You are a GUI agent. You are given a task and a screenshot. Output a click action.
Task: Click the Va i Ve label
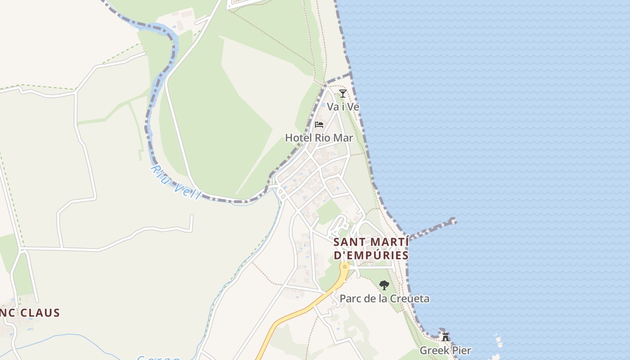343,107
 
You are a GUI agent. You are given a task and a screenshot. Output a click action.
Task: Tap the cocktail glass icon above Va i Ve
343,94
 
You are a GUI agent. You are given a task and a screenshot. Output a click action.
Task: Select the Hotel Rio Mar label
319,138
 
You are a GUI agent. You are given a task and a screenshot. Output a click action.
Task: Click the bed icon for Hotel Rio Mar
319,125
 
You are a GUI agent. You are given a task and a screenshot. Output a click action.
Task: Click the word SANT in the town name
348,242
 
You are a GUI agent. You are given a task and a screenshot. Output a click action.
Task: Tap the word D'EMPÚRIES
371,255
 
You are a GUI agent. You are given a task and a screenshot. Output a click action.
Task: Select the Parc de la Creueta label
384,298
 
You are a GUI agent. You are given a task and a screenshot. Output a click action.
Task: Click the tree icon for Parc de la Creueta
384,285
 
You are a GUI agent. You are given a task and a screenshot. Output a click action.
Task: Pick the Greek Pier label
445,350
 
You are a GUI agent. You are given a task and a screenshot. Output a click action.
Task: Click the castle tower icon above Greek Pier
445,337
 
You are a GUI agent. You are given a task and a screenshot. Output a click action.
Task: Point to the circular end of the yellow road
345,266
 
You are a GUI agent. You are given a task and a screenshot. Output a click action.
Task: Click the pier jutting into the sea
432,229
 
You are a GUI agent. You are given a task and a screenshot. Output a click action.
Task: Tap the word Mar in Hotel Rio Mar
343,138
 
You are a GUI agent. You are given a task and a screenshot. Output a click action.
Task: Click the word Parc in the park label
349,298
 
